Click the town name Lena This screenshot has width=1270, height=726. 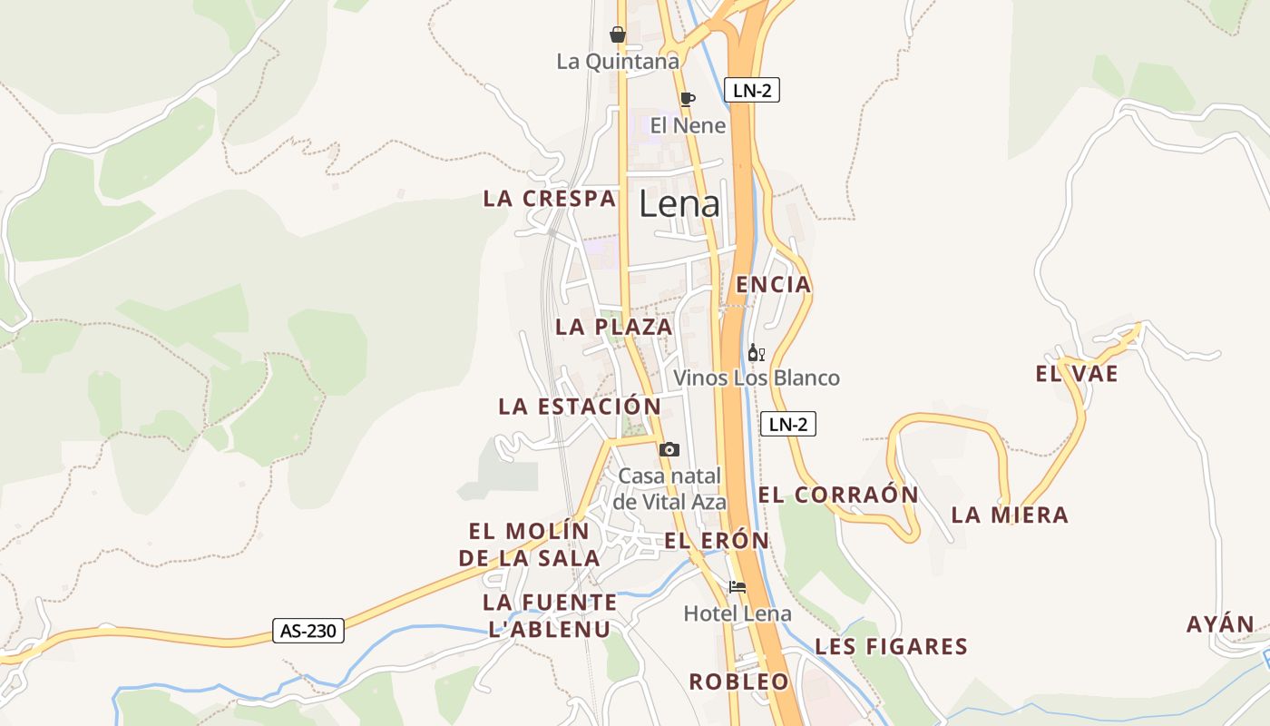point(679,204)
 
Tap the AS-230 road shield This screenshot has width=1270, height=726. point(308,631)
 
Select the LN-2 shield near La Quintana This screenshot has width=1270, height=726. point(752,90)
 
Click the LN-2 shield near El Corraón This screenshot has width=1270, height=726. point(787,424)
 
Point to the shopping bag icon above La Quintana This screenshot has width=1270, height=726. point(618,34)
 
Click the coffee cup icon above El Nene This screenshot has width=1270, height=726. point(687,98)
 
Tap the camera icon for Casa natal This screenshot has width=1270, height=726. point(669,449)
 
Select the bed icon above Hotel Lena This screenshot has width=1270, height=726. point(738,586)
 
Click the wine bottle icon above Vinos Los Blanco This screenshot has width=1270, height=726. point(756,353)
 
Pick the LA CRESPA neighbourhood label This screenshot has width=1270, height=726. point(550,199)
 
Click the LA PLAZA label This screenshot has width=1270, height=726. point(614,327)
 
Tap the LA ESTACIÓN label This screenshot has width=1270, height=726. point(580,406)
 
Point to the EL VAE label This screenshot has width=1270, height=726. point(1077,373)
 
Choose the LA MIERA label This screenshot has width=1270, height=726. point(1010,515)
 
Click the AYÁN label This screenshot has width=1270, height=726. point(1220,624)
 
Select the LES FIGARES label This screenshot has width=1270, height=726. point(892,647)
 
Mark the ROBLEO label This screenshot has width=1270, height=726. point(739,682)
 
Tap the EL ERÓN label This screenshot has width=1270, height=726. point(717,541)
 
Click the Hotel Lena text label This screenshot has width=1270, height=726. point(738,613)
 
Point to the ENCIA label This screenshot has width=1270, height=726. point(773,285)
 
